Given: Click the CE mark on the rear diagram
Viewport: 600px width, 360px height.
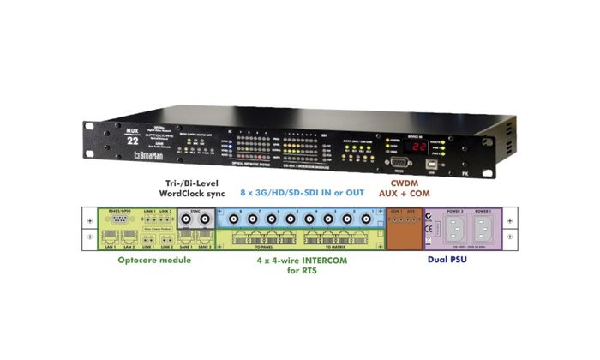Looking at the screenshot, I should tap(429, 228).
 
